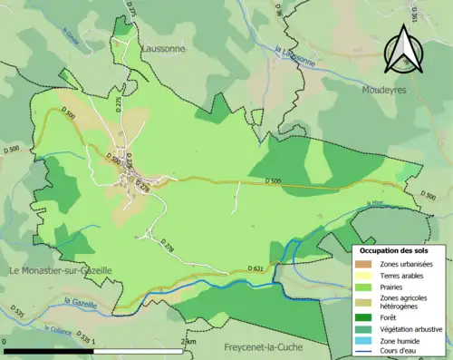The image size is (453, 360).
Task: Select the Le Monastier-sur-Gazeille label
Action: [x=60, y=270]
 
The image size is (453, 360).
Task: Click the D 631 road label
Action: [x=256, y=268]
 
